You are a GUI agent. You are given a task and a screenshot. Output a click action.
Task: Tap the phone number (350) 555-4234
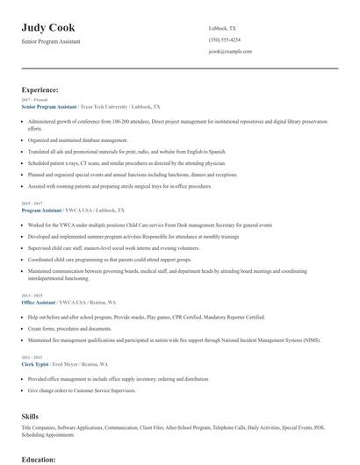click(x=224, y=39)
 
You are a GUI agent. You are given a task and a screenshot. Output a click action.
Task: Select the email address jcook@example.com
click(x=230, y=52)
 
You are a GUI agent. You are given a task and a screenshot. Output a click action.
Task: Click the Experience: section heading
click(x=40, y=89)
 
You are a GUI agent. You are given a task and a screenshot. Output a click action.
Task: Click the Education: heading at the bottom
click(x=39, y=459)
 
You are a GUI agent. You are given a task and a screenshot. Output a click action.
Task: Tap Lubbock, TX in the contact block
click(x=222, y=28)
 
